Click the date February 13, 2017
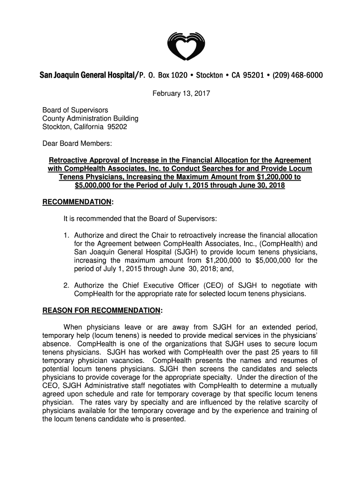[x=180, y=94]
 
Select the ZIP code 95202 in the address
[x=117, y=127]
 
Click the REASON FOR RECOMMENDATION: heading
[x=102, y=310]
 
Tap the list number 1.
[x=66, y=235]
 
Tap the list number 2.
[x=66, y=286]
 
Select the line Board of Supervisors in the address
[x=75, y=110]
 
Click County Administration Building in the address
[x=90, y=119]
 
